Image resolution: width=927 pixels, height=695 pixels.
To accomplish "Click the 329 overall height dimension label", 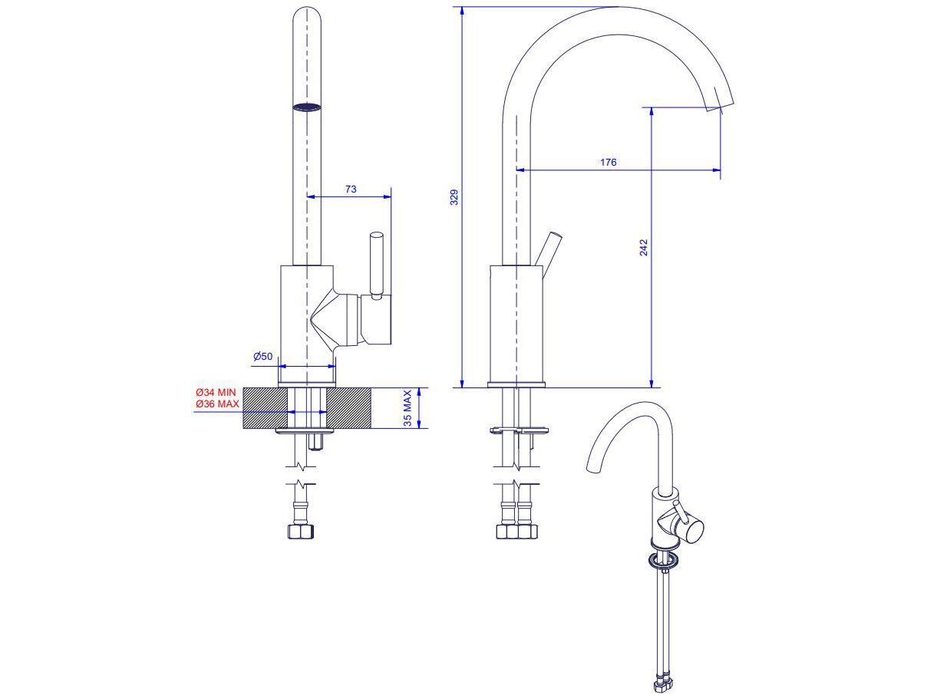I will pos(454,197).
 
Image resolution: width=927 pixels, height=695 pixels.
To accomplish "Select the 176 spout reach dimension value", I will pos(608,162).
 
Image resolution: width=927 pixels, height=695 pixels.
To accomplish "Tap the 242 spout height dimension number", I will pos(644,247).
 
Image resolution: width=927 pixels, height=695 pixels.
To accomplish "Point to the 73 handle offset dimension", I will pos(350,189).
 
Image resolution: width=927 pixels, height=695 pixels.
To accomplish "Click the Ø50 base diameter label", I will pos(263,356).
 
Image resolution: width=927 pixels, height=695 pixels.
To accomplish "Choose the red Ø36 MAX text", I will pos(216,403).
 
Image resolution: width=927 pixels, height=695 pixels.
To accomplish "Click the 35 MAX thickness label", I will pos(408,408).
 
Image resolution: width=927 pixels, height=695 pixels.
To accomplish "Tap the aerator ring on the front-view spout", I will pos(307,107).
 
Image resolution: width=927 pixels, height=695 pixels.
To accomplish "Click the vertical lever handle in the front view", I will pos(376,264).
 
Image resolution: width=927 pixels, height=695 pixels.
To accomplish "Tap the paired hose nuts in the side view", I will pos(516,531).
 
